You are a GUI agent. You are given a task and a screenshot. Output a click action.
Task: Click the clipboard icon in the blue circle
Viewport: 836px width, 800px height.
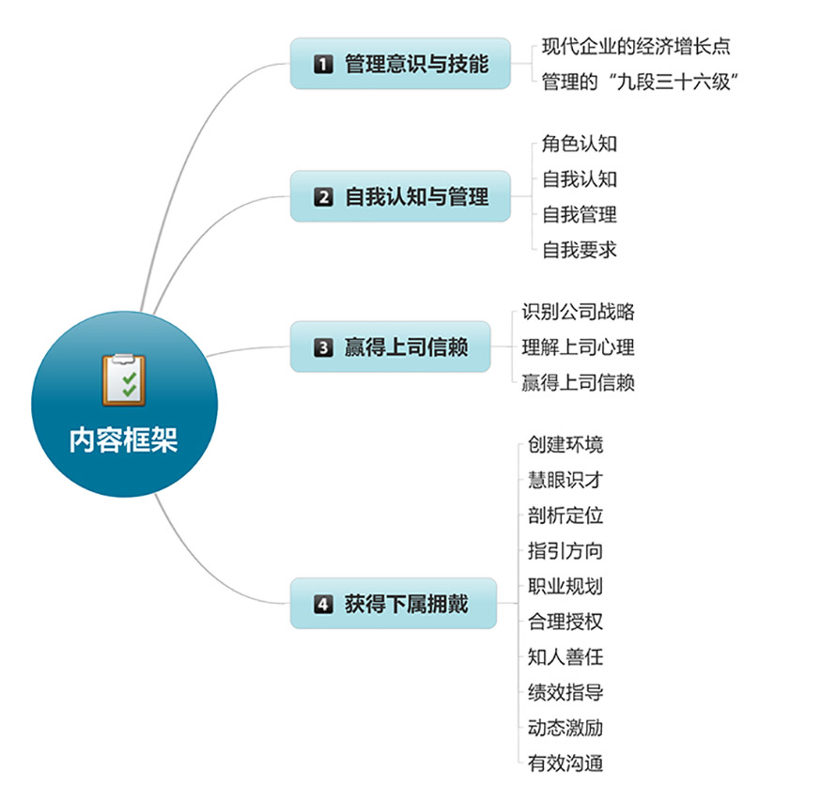pos(124,379)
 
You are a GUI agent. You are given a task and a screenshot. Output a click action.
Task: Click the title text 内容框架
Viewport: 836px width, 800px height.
pos(123,440)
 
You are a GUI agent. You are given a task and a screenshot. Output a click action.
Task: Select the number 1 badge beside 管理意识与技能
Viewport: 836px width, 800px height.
pos(323,64)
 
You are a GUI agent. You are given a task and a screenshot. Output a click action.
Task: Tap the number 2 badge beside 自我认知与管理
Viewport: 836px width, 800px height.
pos(323,196)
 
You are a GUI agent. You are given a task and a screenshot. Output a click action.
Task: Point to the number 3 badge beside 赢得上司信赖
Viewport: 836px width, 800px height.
pos(323,347)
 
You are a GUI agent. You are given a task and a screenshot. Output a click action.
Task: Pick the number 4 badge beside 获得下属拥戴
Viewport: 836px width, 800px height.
pos(323,604)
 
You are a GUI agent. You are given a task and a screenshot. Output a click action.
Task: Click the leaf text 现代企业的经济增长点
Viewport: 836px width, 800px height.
pos(636,46)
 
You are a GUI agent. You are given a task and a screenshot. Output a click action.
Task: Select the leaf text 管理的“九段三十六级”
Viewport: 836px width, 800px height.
pos(640,82)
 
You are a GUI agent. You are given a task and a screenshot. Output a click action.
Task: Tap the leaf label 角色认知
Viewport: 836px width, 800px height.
pos(580,144)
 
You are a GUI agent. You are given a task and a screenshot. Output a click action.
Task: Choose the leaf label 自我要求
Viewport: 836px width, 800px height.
pos(580,250)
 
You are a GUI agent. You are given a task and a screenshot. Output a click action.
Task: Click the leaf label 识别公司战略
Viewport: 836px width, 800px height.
pos(579,311)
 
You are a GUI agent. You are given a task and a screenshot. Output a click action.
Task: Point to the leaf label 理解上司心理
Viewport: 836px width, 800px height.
pos(579,347)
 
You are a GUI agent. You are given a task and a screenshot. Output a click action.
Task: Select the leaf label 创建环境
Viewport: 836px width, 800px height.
pos(565,444)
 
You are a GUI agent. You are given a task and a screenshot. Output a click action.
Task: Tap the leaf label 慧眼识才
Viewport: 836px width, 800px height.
pos(565,480)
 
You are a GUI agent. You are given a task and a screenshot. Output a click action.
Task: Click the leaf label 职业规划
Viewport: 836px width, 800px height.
pos(565,586)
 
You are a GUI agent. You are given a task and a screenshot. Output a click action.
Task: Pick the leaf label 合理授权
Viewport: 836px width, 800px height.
pos(565,621)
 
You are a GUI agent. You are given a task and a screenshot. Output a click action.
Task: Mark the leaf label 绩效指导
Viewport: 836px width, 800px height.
pos(565,692)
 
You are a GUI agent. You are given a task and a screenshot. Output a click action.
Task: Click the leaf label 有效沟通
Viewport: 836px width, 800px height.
pos(565,762)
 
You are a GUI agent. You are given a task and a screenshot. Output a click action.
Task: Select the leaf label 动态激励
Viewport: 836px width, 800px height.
pos(565,728)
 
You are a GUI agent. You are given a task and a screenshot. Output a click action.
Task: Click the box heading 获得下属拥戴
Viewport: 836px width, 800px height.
pos(407,604)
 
